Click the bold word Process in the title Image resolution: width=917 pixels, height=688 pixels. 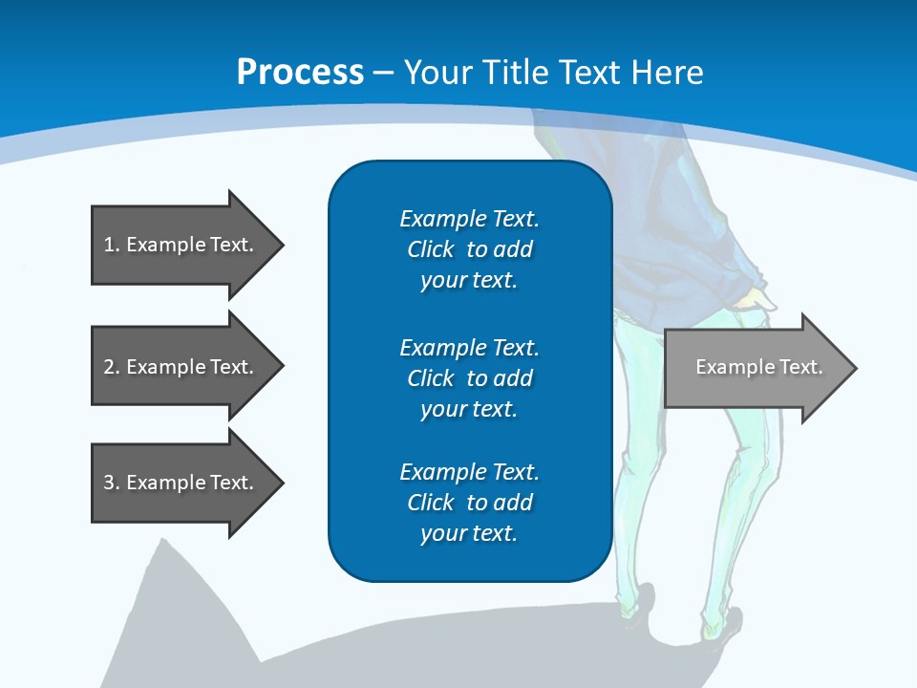(300, 72)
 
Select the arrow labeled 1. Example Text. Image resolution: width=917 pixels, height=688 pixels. (181, 245)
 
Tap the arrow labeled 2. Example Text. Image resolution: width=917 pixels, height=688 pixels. (181, 367)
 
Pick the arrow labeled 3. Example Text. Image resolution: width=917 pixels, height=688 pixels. (181, 483)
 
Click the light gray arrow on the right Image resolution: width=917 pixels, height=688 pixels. (755, 368)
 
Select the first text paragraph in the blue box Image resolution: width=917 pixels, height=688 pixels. (469, 249)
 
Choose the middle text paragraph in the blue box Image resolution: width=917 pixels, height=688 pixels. (469, 377)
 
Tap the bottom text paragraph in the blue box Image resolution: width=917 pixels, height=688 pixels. (469, 503)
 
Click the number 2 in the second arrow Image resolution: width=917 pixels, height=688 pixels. (108, 367)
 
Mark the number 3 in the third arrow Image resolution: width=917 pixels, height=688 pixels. (108, 483)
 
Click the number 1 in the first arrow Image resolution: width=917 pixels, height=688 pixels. (108, 245)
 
